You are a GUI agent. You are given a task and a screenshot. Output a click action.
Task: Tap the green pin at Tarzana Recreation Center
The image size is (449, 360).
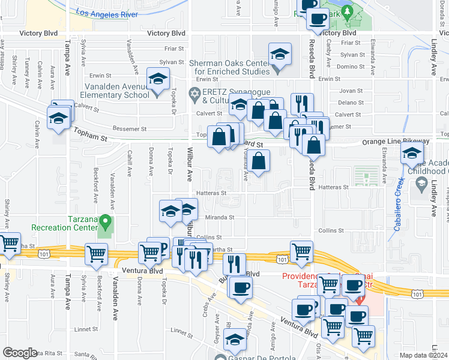point(106,223)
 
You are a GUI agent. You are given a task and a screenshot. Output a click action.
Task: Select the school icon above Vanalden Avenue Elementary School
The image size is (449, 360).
point(158,80)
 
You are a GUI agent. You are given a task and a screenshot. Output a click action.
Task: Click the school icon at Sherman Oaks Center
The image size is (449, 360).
point(280,55)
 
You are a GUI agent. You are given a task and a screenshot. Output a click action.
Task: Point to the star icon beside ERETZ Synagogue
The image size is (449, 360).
point(194,92)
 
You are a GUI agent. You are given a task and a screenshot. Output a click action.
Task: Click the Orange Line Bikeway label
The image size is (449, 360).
point(395,142)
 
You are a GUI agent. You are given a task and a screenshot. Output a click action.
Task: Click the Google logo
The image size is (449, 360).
point(19,353)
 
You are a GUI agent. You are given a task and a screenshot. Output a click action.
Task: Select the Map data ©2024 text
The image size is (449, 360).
point(423,355)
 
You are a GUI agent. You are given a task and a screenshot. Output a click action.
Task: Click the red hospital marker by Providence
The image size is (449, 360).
point(360,298)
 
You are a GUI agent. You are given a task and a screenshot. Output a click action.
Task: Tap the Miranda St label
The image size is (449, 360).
point(218,218)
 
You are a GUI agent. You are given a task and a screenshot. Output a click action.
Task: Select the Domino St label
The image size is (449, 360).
point(348,67)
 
